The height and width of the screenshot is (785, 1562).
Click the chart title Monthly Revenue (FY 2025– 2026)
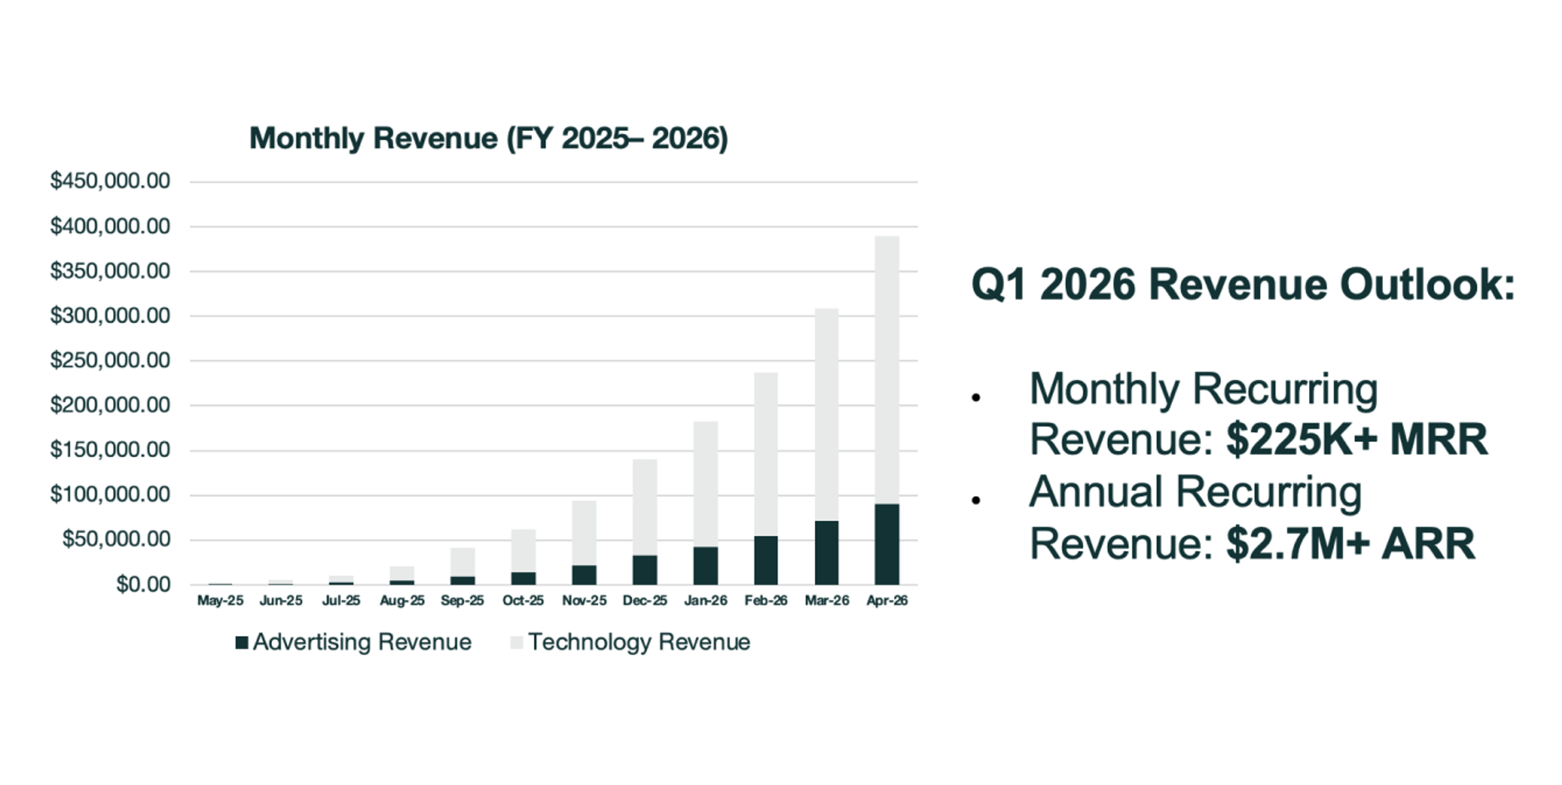[488, 138]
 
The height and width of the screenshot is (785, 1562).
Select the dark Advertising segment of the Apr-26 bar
[886, 544]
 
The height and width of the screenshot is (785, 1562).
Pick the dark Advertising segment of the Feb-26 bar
[766, 560]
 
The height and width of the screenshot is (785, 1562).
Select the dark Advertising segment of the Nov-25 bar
[584, 575]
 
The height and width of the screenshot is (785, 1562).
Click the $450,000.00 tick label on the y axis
[110, 180]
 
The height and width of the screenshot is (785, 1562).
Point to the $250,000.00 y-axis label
[110, 360]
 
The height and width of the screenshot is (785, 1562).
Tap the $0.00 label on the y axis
[144, 584]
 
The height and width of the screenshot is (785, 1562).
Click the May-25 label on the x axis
[220, 600]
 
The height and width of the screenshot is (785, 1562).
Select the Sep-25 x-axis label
[462, 600]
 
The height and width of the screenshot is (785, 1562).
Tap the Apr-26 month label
[886, 600]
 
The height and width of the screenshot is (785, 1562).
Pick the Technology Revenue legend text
[639, 642]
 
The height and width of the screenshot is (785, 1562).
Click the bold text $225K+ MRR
[1357, 439]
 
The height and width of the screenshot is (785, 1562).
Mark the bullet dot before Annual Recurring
[976, 500]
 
